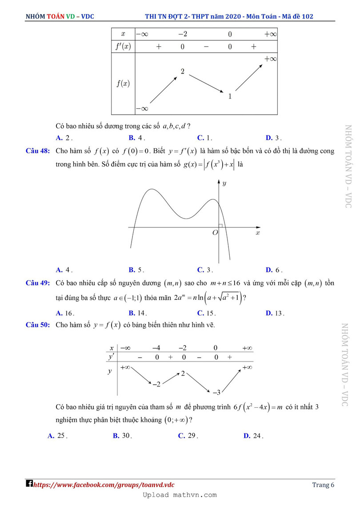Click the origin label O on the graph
(x=215, y=233)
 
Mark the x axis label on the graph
(x=257, y=232)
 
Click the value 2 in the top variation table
(x=182, y=71)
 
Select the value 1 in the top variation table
(x=229, y=95)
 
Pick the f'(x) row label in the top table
(x=123, y=46)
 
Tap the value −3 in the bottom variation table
(x=216, y=392)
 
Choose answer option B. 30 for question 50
(x=122, y=436)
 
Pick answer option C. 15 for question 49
(x=206, y=313)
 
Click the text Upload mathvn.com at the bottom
(x=180, y=495)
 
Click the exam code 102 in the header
(x=307, y=16)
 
